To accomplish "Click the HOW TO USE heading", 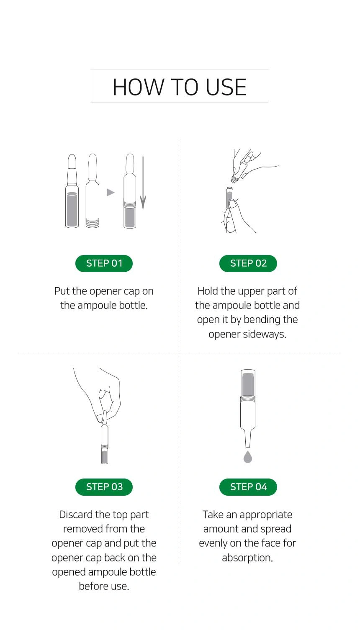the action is pos(180,87).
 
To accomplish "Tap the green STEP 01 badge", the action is pos(104,263).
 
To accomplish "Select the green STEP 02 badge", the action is pos(248,263).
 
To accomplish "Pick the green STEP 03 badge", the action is pos(104,487).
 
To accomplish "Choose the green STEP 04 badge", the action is pos(248,487).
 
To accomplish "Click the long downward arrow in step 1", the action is pos(143,183).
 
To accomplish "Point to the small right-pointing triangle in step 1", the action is pos(111,193).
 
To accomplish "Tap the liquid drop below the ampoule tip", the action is pos(248,457).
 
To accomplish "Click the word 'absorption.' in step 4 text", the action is pos(247,558).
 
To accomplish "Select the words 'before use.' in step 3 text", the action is pos(104,587).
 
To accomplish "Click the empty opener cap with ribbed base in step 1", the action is pos(93,191).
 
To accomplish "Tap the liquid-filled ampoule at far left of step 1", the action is pos(72,191).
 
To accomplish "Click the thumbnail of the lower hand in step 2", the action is pos(233,203).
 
